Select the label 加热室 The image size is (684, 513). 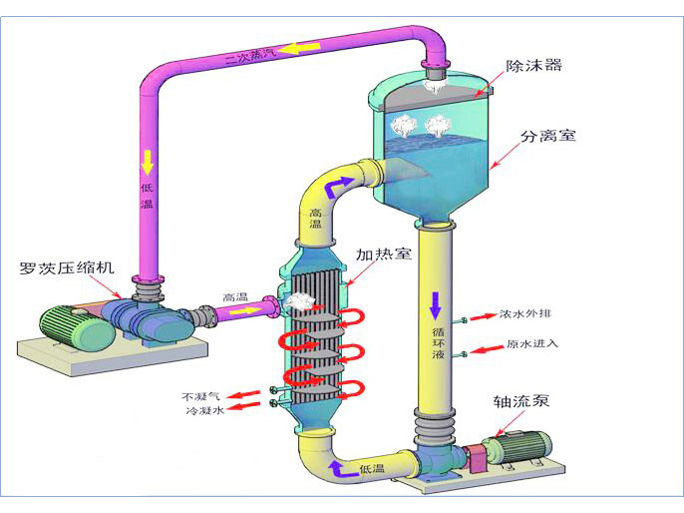388,255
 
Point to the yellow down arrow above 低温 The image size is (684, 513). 148,159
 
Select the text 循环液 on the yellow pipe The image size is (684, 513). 437,339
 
